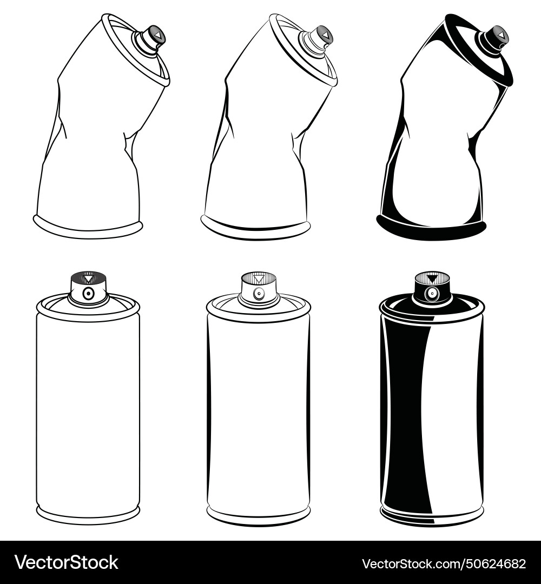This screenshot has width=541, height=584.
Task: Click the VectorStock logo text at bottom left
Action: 67,563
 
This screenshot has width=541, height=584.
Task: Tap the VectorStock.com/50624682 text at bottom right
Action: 444,563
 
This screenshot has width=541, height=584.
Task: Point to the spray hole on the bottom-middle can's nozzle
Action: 259,294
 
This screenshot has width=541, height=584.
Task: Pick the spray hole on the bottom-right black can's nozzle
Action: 432,294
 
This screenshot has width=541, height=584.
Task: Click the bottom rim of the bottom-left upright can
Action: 88,516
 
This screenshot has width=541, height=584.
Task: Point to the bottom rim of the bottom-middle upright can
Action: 259,517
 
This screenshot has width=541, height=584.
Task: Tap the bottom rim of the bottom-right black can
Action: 432,519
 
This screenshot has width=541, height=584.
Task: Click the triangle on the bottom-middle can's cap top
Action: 259,280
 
